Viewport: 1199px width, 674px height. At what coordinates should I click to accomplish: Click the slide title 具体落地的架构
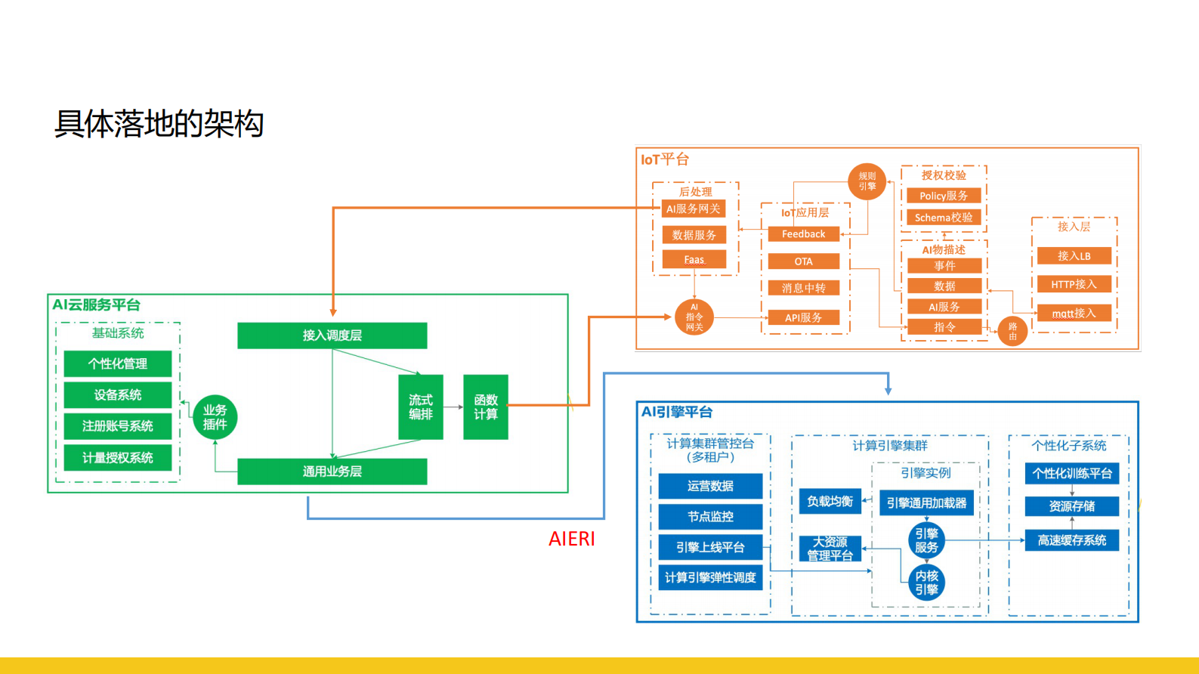click(159, 124)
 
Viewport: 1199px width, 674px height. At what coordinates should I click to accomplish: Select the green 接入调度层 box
click(332, 335)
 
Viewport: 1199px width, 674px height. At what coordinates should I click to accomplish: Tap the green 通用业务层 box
click(332, 471)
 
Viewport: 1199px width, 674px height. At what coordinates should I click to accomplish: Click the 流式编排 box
click(421, 407)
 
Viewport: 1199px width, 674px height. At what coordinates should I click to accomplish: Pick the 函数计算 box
click(485, 407)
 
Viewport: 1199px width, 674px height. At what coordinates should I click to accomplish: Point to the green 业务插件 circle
click(215, 417)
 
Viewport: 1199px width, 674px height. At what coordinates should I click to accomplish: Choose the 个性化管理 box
click(118, 363)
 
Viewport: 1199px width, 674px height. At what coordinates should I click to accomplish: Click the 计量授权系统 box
click(118, 458)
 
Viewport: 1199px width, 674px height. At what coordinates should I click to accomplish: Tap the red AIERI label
click(572, 539)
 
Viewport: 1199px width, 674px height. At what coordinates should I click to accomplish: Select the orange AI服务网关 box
click(694, 209)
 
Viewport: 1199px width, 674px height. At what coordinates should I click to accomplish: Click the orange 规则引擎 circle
click(867, 181)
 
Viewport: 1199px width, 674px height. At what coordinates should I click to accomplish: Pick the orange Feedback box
click(803, 234)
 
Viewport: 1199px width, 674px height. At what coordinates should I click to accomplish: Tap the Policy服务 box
click(943, 196)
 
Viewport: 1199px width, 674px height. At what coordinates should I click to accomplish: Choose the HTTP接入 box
click(1074, 284)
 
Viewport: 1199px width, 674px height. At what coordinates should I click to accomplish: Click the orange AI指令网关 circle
click(694, 317)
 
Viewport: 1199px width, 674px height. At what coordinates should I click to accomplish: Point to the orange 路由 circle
click(1012, 331)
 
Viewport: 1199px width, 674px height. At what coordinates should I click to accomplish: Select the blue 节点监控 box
click(710, 517)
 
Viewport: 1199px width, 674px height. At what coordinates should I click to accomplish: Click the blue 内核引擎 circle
click(926, 583)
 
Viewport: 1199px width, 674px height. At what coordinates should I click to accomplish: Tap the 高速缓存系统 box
click(1071, 540)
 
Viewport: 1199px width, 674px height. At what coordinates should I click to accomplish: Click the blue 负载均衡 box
click(830, 501)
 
